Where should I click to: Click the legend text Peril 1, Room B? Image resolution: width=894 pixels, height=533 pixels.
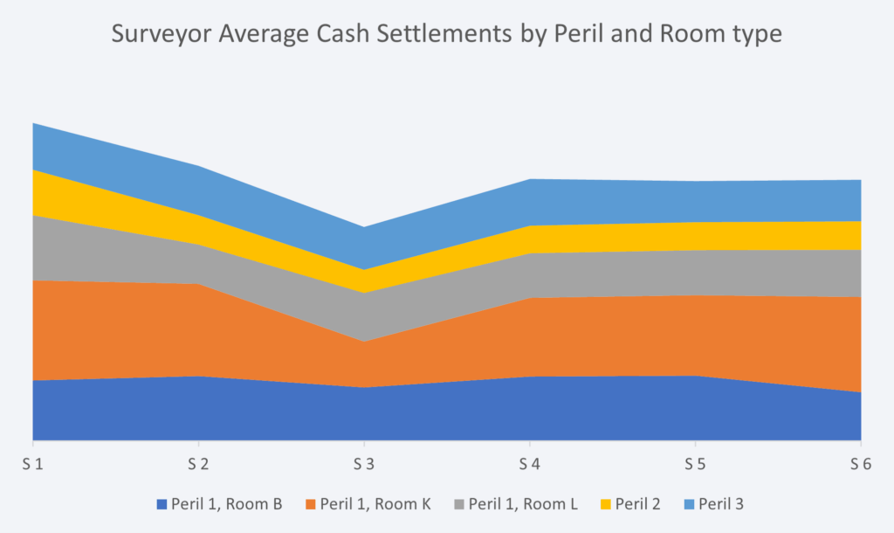(x=226, y=503)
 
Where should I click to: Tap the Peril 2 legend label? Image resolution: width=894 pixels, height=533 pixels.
(x=638, y=503)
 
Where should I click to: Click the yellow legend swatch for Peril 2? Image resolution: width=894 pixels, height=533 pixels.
(x=606, y=504)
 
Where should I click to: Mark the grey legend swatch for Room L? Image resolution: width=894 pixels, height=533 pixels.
(x=459, y=504)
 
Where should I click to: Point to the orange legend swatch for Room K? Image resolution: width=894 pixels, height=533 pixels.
(x=311, y=504)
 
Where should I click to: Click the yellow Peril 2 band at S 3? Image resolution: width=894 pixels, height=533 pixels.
(x=363, y=281)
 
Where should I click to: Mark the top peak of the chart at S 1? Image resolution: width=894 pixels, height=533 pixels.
(x=33, y=124)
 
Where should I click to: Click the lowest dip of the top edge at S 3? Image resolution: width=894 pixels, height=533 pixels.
(x=363, y=227)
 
